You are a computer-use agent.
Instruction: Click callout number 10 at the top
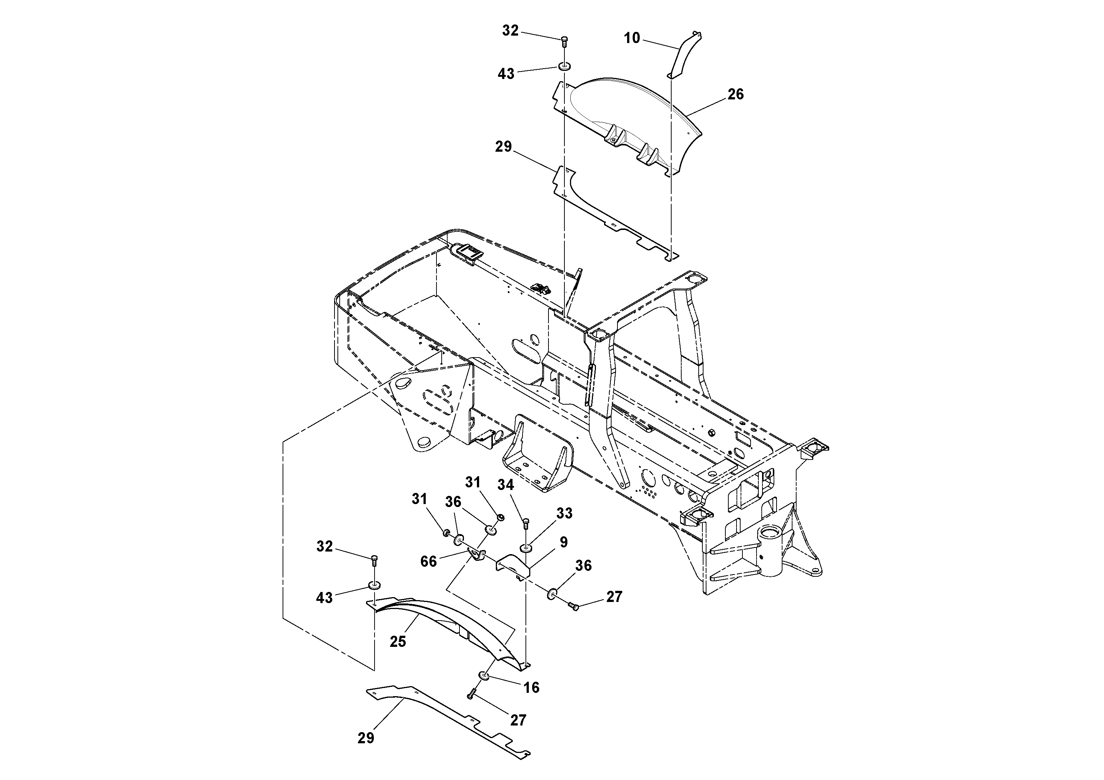632,38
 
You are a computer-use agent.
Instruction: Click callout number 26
735,94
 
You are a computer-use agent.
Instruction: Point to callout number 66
428,561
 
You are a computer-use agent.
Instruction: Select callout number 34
505,485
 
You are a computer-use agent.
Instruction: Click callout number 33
564,513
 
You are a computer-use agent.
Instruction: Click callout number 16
531,688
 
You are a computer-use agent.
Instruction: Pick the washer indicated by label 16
484,676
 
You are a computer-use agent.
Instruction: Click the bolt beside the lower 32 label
375,560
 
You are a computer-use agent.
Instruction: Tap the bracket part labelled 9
512,566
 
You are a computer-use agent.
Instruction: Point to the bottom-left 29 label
365,738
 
